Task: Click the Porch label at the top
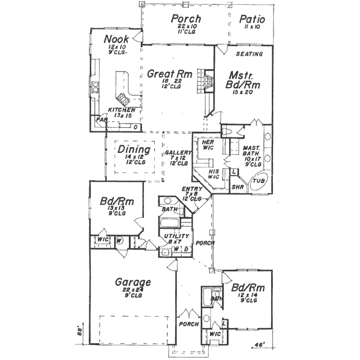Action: tap(185, 19)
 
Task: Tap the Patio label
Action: tap(252, 19)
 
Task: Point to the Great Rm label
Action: tap(169, 74)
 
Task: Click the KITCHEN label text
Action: tap(121, 110)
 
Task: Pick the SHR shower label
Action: tap(238, 187)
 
